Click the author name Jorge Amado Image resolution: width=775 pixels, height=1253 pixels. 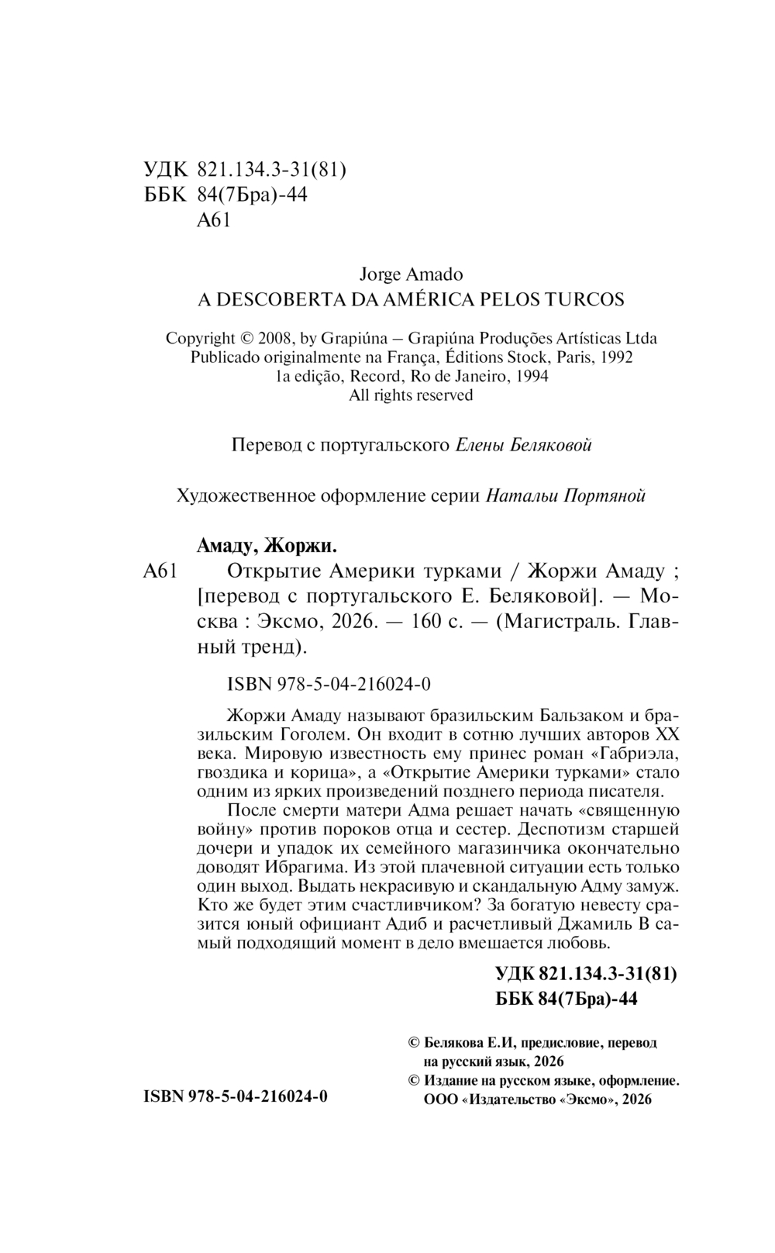[x=412, y=274]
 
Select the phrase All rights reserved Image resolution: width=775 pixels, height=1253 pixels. [x=411, y=395]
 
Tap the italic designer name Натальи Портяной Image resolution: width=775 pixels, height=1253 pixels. [x=566, y=495]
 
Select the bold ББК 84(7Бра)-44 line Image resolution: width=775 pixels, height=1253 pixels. [x=566, y=999]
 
